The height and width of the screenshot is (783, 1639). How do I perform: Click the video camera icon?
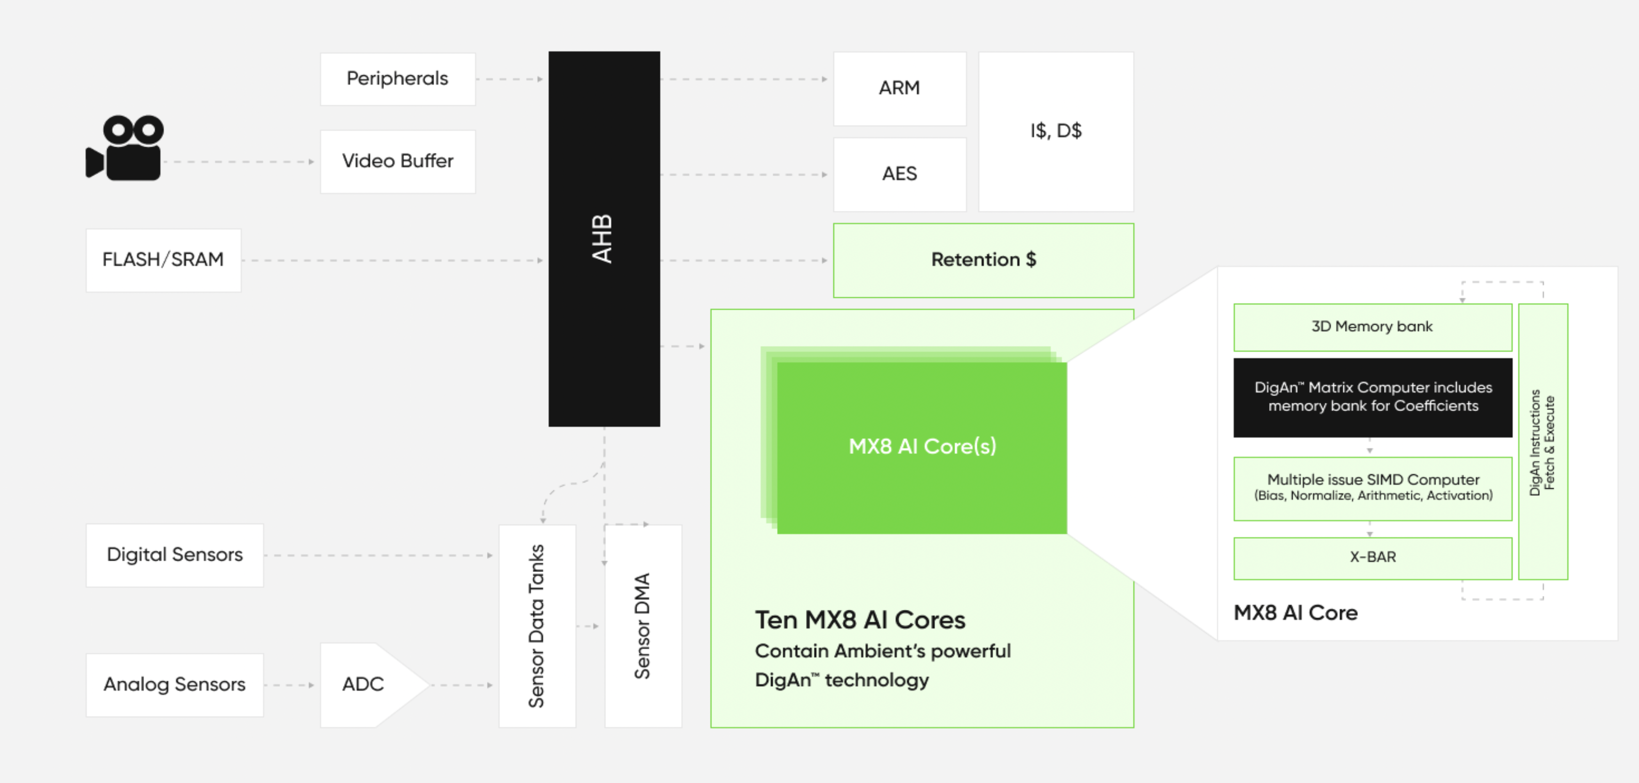tap(125, 148)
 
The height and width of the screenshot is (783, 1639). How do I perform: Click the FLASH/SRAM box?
tap(164, 260)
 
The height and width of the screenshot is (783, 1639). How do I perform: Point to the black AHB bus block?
tap(604, 239)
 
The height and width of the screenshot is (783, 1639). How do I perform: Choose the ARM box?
tap(899, 88)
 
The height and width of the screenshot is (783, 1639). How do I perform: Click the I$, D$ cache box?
tap(1056, 132)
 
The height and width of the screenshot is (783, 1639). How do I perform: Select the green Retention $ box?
tap(983, 260)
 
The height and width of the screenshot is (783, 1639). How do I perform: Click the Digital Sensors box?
tap(175, 555)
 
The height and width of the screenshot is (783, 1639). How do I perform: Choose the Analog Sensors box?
tap(175, 685)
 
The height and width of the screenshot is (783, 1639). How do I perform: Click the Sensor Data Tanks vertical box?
tap(537, 626)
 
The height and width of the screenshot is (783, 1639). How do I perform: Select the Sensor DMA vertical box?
tap(643, 626)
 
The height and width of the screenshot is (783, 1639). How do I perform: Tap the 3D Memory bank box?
tap(1372, 327)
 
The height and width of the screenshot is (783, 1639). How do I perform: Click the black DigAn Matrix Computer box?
tap(1372, 397)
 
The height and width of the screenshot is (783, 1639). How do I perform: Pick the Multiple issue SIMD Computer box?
tap(1372, 488)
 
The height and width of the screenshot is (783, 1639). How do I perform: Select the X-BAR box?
tap(1372, 558)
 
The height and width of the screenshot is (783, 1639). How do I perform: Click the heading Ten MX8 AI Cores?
tap(859, 620)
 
